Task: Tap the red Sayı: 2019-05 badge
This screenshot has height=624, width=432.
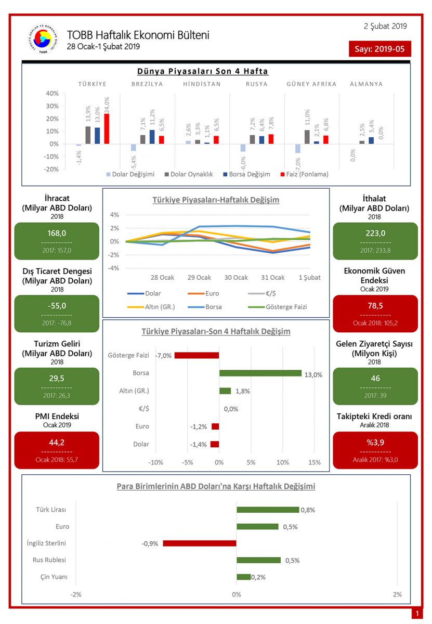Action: coord(379,49)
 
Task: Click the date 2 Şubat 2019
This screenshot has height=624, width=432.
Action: coord(385,26)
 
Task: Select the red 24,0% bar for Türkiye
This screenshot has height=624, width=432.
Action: coord(107,128)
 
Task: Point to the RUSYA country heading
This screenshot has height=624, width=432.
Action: coord(256,84)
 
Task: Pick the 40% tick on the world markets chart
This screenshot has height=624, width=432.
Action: coord(52,94)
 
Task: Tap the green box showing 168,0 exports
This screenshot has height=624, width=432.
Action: coord(57,241)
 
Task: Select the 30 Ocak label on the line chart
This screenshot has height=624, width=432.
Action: coord(235,277)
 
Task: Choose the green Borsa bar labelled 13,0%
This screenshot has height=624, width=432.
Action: coord(260,373)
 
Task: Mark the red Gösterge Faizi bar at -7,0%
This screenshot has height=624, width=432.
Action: coord(197,355)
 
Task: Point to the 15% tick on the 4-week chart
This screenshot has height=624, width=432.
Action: coord(314,462)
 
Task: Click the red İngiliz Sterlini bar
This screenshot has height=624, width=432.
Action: coord(200,543)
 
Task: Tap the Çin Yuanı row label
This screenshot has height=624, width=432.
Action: coord(53,577)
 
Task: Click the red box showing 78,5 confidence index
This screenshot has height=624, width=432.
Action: coord(375,313)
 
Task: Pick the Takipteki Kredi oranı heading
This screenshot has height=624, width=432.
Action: coord(375,417)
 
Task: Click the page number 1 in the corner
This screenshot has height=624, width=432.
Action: coord(416,614)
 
